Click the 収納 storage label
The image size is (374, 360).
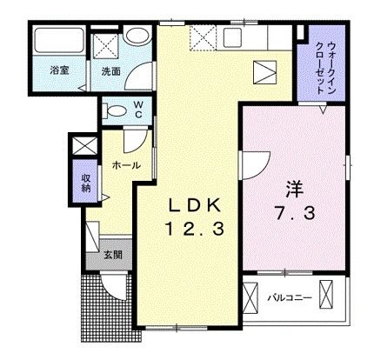click(86, 183)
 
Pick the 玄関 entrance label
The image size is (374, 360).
click(113, 255)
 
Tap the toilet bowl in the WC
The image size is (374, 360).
click(114, 110)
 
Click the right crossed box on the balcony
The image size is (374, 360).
click(326, 297)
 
